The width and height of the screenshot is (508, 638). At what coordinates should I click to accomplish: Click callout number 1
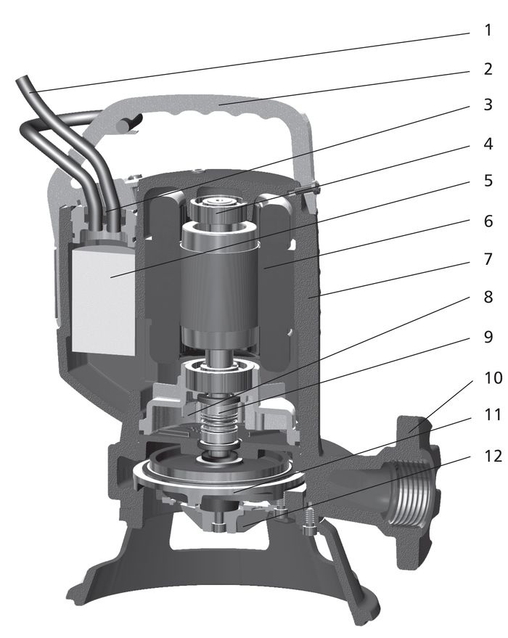coord(488,30)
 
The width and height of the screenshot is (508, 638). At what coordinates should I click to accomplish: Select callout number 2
coord(488,69)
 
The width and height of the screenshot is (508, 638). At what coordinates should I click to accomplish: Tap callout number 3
coord(488,105)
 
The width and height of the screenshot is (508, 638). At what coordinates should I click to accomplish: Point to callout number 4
coord(488,144)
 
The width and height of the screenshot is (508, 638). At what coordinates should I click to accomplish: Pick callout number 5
coord(488,181)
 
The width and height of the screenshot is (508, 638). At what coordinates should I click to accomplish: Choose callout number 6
coord(488,221)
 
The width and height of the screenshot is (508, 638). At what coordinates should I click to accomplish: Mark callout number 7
coord(488,259)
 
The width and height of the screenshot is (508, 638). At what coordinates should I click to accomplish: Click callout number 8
coord(488,297)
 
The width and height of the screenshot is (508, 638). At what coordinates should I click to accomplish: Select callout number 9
coord(488,337)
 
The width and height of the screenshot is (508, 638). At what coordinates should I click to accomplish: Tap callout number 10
coord(493,377)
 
